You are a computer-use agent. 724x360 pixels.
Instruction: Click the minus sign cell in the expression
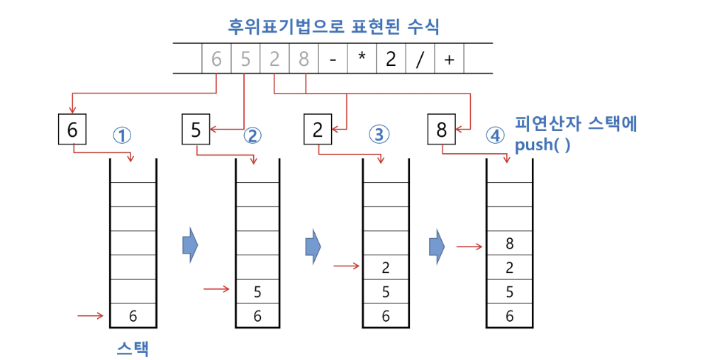tap(333, 60)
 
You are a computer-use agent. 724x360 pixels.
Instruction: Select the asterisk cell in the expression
tap(362, 60)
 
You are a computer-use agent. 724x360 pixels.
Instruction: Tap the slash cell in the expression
tap(419, 60)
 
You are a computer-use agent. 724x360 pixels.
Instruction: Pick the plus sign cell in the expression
tap(448, 60)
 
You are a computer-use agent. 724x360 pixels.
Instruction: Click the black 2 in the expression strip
tap(391, 60)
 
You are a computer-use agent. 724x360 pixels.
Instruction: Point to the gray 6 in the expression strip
tap(216, 60)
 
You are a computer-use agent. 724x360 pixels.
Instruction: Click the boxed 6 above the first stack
tap(72, 130)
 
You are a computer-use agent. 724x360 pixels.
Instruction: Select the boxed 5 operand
tap(196, 130)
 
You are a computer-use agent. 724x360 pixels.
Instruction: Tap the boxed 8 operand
tap(442, 130)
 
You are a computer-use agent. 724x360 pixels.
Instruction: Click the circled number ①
tap(123, 135)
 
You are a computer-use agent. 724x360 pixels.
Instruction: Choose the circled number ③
tap(379, 135)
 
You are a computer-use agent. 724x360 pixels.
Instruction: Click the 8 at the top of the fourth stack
tap(509, 244)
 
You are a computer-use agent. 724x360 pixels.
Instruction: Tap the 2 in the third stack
tap(386, 268)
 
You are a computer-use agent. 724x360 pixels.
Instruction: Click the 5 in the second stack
tap(257, 292)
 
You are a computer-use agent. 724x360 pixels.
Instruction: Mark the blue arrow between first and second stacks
tap(190, 245)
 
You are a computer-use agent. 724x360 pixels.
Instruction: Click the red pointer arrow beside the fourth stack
tap(469, 247)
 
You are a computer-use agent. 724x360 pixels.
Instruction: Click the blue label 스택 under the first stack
tap(133, 348)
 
